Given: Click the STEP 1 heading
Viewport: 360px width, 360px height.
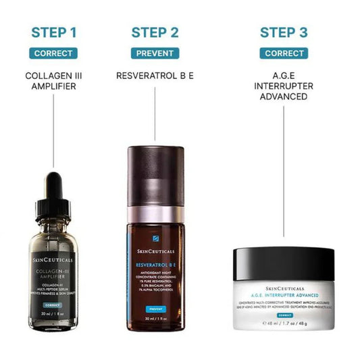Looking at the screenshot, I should point(54,32).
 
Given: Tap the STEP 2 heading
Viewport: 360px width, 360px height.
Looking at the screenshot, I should point(155,32).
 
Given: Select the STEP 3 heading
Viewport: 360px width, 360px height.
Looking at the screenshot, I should point(284,32).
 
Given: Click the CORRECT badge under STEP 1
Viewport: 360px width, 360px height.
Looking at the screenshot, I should point(54,53).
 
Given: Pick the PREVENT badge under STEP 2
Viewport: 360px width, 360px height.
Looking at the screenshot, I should point(155,53).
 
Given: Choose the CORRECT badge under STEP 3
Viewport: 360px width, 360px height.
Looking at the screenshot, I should point(284,53).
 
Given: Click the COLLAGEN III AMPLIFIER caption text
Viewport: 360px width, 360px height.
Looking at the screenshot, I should point(54,80).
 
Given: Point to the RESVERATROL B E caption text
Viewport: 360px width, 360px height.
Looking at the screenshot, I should point(155,75).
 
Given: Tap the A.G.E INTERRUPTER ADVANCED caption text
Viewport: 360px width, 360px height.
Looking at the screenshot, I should point(284,86).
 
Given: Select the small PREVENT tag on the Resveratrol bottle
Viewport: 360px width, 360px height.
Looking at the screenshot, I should point(155,309).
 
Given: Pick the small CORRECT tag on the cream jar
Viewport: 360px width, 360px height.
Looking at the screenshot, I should point(284,315).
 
